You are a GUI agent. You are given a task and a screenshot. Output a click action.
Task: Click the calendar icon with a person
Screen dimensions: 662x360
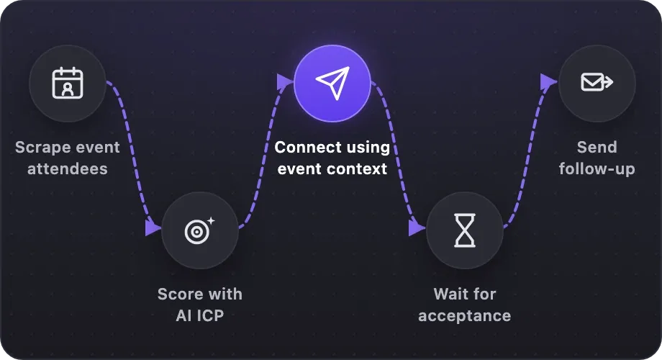click(68, 83)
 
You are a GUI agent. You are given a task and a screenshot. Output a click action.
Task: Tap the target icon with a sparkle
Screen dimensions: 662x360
click(199, 230)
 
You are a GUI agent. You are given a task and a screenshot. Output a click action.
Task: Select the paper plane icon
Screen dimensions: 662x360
click(332, 83)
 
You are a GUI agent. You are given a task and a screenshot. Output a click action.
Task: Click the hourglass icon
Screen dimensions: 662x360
click(464, 230)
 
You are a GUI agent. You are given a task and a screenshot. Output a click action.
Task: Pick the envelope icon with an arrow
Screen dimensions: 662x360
click(597, 82)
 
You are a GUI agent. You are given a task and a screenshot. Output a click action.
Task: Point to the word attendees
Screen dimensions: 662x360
click(68, 169)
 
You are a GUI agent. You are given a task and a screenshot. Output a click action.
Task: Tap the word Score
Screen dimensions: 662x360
click(179, 294)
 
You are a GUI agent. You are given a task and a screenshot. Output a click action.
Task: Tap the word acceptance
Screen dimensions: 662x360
click(464, 316)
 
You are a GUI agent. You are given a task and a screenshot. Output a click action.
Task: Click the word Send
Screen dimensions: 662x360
click(597, 148)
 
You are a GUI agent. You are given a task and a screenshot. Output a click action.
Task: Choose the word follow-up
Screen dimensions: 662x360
click(597, 169)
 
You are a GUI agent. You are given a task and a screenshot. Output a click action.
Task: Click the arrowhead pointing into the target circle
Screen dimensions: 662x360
click(153, 228)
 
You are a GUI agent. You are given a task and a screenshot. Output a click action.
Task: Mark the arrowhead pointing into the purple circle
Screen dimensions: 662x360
click(285, 82)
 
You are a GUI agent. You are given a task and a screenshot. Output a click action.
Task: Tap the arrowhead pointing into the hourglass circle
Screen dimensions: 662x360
click(417, 228)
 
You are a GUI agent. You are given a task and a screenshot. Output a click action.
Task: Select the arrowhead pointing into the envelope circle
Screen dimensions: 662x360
click(549, 82)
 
